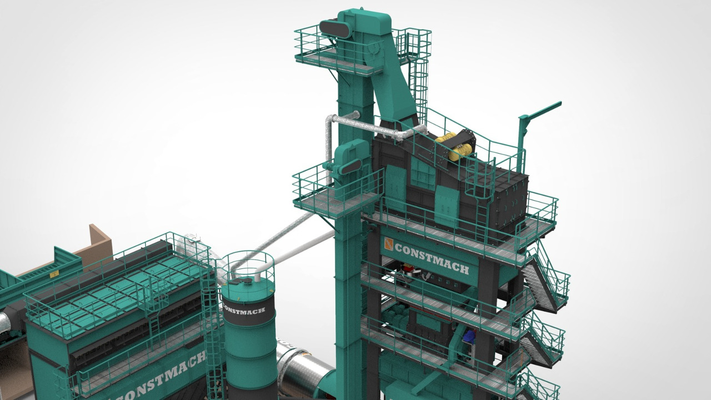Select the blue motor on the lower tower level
tap(469, 337)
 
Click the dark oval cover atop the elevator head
tap(335, 28)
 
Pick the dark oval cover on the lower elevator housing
tap(351, 166)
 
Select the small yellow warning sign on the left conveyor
tap(54, 273)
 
